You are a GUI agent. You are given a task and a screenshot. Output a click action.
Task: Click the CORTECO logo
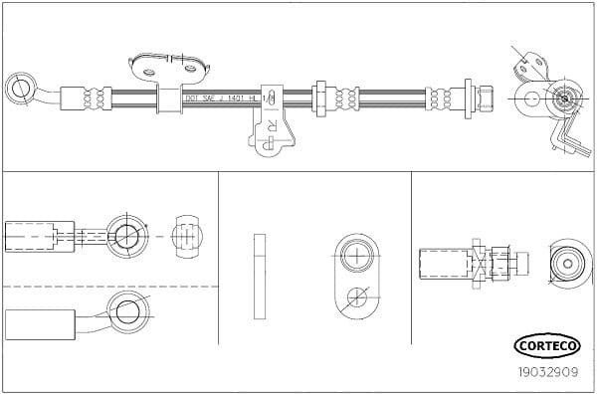544,345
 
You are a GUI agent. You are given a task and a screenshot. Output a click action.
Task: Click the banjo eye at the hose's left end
20,87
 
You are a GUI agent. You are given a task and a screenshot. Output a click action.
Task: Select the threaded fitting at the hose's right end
485,98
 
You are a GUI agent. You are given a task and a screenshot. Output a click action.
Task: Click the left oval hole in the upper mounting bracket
150,70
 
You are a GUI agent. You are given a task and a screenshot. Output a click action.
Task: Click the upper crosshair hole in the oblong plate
355,256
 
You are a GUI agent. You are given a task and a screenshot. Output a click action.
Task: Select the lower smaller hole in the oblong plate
355,295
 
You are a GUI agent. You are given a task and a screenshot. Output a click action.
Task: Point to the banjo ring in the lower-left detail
127,311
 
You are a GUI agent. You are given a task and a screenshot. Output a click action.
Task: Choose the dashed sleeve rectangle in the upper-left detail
41,236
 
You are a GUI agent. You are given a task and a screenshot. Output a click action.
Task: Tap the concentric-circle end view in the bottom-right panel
569,262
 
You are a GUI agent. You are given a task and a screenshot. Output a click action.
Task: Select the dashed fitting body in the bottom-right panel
444,264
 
